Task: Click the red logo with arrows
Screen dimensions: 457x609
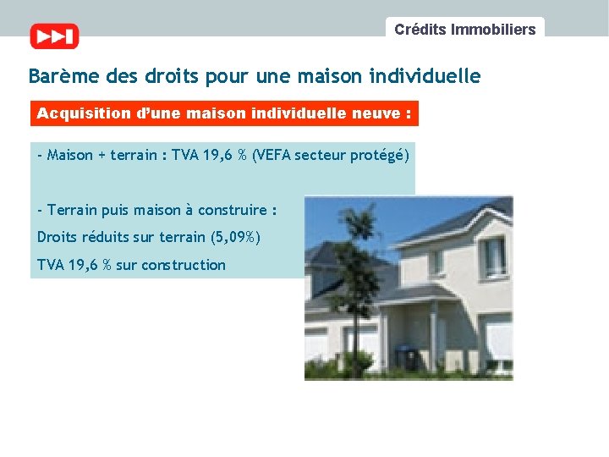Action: (54, 36)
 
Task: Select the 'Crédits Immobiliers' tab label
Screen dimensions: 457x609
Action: (464, 30)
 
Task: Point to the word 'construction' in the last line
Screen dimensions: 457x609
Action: (184, 265)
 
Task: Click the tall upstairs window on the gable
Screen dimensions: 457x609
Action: (493, 256)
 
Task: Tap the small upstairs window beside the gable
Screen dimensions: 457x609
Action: (436, 262)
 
